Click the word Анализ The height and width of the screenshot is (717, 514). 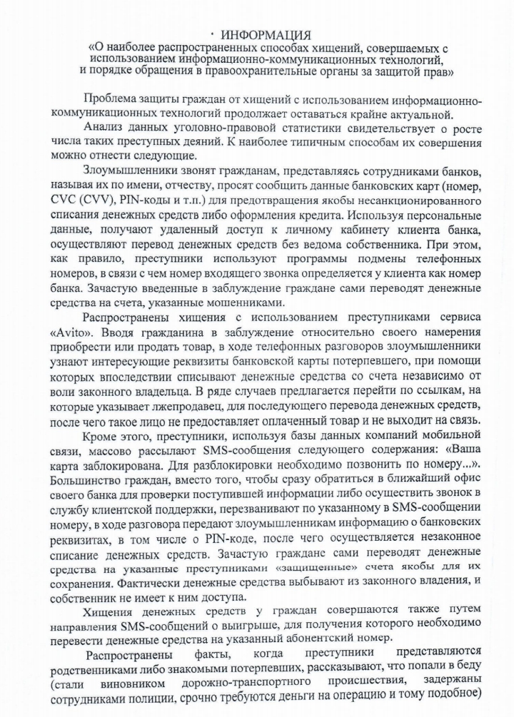105,126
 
